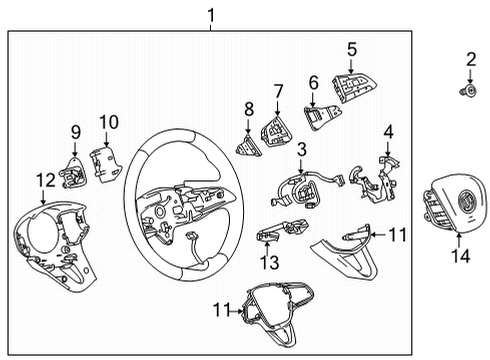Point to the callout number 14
[x=459, y=256]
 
